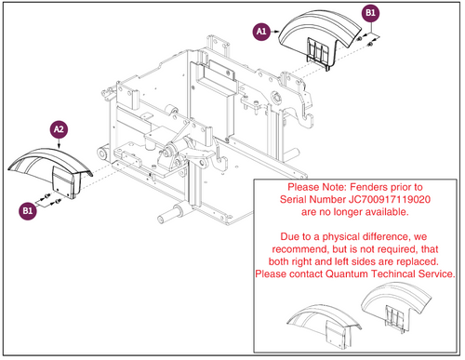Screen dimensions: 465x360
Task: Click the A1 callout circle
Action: click(x=261, y=32)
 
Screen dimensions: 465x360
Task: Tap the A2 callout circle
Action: click(x=59, y=129)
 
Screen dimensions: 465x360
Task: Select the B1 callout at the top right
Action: click(x=370, y=13)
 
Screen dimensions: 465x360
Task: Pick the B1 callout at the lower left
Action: click(x=28, y=211)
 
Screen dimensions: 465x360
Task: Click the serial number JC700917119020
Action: click(x=390, y=199)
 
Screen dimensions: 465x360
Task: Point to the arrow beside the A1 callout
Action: click(x=275, y=32)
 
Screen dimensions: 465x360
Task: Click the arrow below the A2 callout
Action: click(x=59, y=143)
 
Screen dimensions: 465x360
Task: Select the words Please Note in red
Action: click(x=317, y=187)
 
